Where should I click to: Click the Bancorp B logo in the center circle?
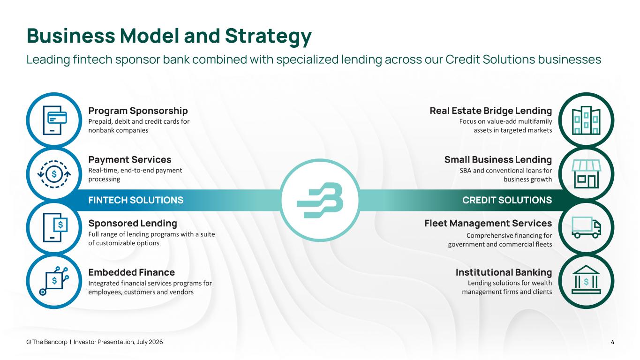pos(320,200)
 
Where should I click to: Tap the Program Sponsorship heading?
pos(138,111)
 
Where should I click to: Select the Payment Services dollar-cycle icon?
pos(54,174)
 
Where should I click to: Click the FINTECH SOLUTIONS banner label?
pos(136,200)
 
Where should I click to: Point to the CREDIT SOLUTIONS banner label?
pos(507,200)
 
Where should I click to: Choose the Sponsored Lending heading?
pos(133,223)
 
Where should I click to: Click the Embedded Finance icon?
pos(54,281)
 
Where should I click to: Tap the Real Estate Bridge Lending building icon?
pos(586,120)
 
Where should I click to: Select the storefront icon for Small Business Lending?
pos(586,174)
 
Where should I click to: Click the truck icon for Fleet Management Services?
pos(586,227)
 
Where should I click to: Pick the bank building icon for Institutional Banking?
pos(586,279)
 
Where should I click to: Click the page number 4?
pos(612,342)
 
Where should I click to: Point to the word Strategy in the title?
pos(268,36)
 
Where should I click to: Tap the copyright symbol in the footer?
pos(29,342)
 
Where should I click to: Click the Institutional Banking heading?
pos(504,272)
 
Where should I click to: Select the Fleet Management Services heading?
pos(488,223)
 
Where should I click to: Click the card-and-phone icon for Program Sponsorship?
pos(55,120)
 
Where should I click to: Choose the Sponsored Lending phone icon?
pos(55,227)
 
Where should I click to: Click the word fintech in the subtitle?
pos(92,60)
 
